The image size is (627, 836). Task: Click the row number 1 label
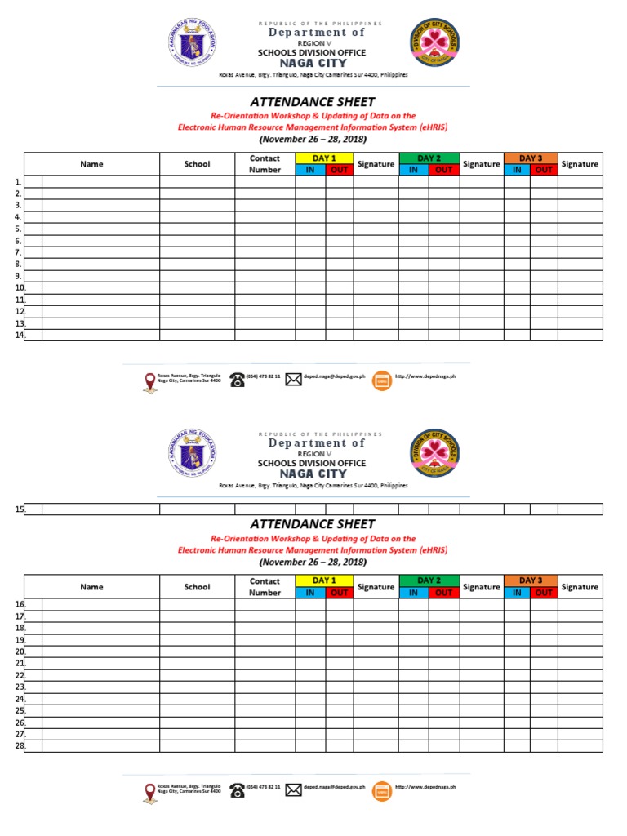point(18,182)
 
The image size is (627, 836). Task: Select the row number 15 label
point(20,509)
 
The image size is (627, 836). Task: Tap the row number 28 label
point(20,746)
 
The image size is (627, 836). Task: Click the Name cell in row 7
point(100,253)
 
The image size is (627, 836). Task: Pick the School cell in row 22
point(197,675)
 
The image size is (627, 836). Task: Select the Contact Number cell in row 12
point(265,311)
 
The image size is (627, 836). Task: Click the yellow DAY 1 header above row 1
point(324,158)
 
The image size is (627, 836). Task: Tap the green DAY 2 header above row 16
point(429,580)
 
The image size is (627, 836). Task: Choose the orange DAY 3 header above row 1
point(531,158)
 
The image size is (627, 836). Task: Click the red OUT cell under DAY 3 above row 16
point(544,593)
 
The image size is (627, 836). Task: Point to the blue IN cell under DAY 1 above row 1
point(310,170)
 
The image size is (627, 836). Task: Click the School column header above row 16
point(197,586)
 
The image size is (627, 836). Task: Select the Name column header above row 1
point(91,164)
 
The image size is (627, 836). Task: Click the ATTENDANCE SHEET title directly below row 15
point(313,524)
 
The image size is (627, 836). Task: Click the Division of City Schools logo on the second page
point(434,454)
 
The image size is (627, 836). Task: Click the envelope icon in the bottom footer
point(293,789)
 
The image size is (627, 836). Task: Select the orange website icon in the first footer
point(382,380)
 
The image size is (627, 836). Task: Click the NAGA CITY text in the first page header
point(313,63)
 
